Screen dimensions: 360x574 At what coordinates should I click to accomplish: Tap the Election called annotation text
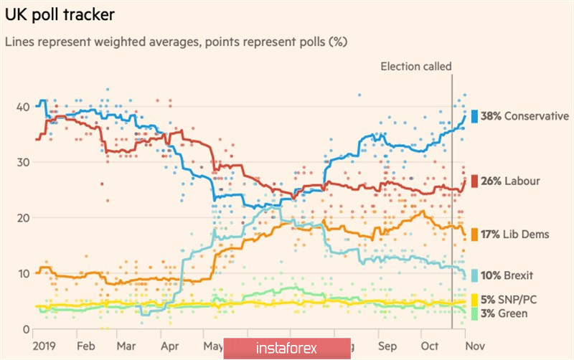pyautogui.click(x=416, y=67)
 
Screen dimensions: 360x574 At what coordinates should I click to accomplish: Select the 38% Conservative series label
pyautogui.click(x=524, y=116)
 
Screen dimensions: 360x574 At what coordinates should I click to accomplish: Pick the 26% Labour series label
pyautogui.click(x=510, y=181)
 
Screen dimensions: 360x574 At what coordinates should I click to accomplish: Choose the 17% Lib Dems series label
pyautogui.click(x=514, y=234)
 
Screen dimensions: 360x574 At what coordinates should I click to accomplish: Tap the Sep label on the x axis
pyautogui.click(x=388, y=344)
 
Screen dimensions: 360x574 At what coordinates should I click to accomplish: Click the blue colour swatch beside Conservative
pyautogui.click(x=474, y=116)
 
